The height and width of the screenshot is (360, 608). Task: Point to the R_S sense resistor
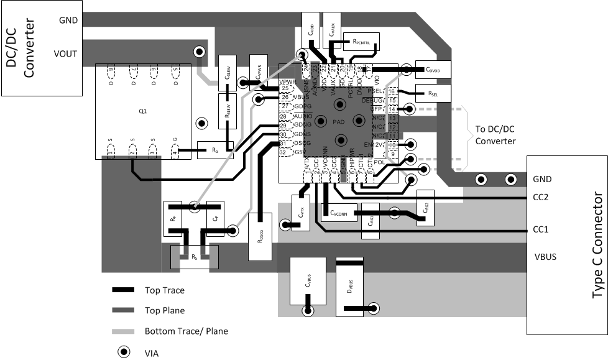tap(195, 256)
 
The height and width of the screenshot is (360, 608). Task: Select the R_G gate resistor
tap(215, 149)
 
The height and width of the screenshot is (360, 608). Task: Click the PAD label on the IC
tap(339, 121)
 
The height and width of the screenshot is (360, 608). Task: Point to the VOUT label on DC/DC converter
tap(65, 53)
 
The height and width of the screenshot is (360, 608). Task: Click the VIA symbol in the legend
tap(124, 353)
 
